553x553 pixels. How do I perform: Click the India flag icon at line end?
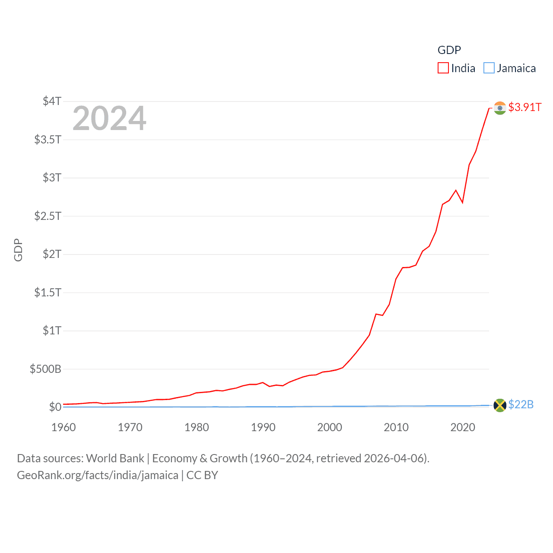point(500,108)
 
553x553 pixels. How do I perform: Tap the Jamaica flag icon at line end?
point(500,405)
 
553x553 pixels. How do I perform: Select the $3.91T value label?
point(524,107)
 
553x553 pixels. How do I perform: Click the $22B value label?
point(521,404)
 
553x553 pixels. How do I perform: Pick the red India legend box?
point(443,68)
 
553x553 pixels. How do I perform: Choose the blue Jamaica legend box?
point(489,68)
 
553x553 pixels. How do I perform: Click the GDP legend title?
point(449,50)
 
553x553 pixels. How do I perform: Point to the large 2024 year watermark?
point(109,118)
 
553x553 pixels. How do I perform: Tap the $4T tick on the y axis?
point(52,101)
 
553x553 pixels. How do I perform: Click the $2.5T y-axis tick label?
point(48,216)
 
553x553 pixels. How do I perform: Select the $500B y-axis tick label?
point(45,369)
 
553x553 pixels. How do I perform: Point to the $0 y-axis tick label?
point(55,407)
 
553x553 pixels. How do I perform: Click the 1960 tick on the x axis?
point(64,427)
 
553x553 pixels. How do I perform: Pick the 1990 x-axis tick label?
point(263,427)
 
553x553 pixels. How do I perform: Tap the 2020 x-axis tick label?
point(463,427)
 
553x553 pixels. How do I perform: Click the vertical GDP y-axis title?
point(18,250)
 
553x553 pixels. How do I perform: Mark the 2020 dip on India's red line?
point(462,202)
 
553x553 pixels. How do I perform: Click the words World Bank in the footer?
point(115,458)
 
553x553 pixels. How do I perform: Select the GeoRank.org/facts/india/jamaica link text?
point(98,475)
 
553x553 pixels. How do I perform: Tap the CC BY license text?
point(202,475)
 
